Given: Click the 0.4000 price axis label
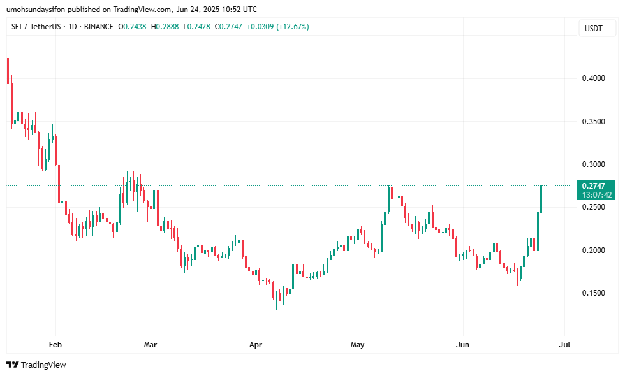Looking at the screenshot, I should (593, 78).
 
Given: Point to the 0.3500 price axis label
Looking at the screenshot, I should (593, 121).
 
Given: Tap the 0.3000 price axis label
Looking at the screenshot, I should (593, 164).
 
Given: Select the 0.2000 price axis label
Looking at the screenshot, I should (593, 250).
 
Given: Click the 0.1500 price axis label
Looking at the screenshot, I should (593, 293).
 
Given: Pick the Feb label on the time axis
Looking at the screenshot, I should (55, 345).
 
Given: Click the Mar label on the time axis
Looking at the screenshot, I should (151, 345).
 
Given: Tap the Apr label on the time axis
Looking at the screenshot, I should (256, 345).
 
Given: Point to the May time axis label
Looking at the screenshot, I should (358, 345).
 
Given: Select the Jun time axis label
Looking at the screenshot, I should (463, 345).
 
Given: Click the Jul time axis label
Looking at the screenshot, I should (564, 345).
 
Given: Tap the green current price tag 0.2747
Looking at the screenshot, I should (596, 185).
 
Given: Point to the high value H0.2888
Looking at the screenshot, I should (165, 27).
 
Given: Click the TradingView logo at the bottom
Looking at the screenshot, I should (36, 365).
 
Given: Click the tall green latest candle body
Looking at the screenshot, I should (541, 199).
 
